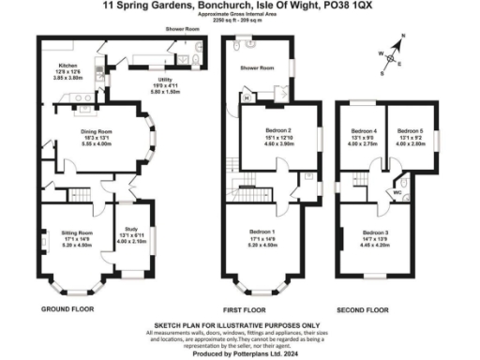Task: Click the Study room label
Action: point(128,231)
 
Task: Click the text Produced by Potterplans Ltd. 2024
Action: point(241,352)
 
